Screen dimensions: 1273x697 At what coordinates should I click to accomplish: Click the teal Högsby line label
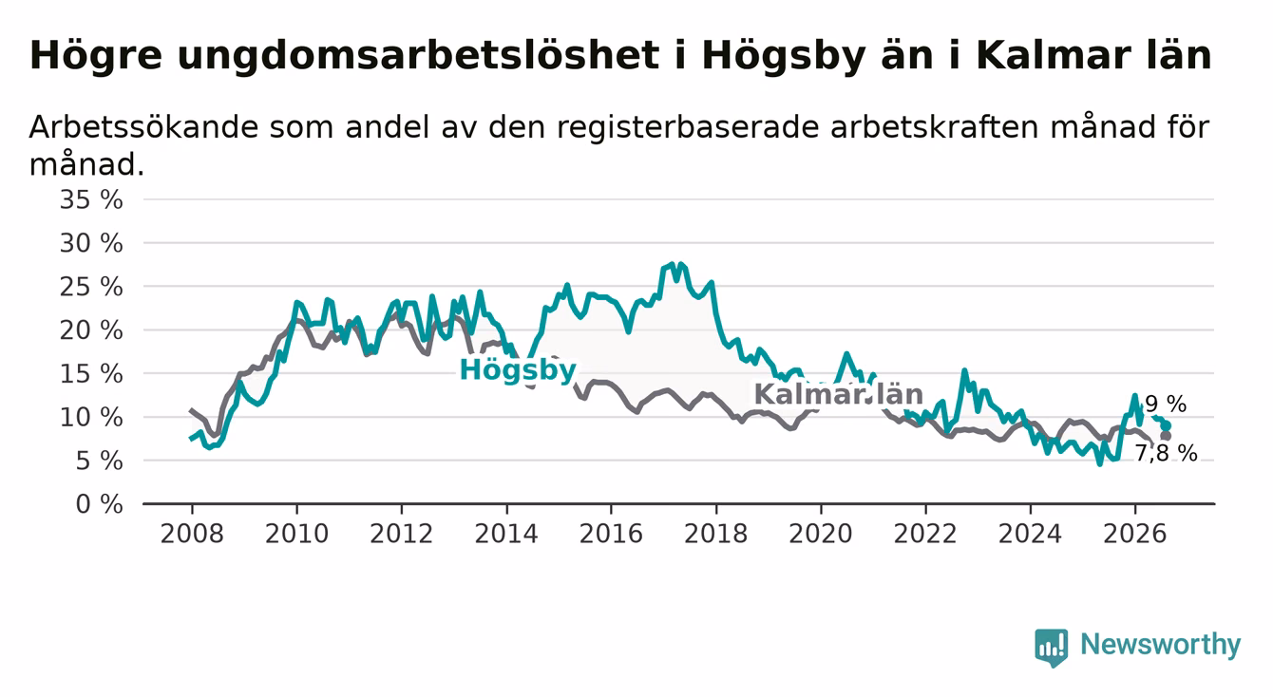pyautogui.click(x=518, y=370)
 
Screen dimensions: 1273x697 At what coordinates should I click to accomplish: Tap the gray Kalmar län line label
pyautogui.click(x=838, y=394)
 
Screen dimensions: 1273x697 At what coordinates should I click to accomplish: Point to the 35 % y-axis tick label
pyautogui.click(x=91, y=200)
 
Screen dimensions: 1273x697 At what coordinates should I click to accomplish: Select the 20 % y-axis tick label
pyautogui.click(x=91, y=330)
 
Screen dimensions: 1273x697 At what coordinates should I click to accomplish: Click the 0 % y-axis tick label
pyautogui.click(x=100, y=504)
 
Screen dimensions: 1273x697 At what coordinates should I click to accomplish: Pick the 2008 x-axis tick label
pyautogui.click(x=192, y=535)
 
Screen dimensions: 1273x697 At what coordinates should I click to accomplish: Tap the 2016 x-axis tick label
pyautogui.click(x=611, y=535)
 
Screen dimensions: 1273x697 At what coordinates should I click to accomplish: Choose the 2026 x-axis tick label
pyautogui.click(x=1135, y=535)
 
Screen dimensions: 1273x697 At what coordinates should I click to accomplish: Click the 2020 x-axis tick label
pyautogui.click(x=821, y=535)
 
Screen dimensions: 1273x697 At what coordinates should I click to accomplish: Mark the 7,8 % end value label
pyautogui.click(x=1167, y=454)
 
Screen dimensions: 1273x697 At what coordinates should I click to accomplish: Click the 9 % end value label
pyautogui.click(x=1166, y=405)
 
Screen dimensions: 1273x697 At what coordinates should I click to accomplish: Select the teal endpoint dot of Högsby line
pyautogui.click(x=1166, y=426)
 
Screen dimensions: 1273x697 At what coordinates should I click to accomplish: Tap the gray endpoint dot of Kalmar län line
pyautogui.click(x=1166, y=436)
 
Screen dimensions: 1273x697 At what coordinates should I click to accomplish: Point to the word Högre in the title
pyautogui.click(x=96, y=57)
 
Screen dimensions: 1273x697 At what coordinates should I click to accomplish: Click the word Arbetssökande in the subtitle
pyautogui.click(x=144, y=126)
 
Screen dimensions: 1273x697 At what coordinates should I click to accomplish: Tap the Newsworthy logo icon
pyautogui.click(x=1051, y=648)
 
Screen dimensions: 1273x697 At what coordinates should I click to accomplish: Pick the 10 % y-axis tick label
pyautogui.click(x=91, y=418)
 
